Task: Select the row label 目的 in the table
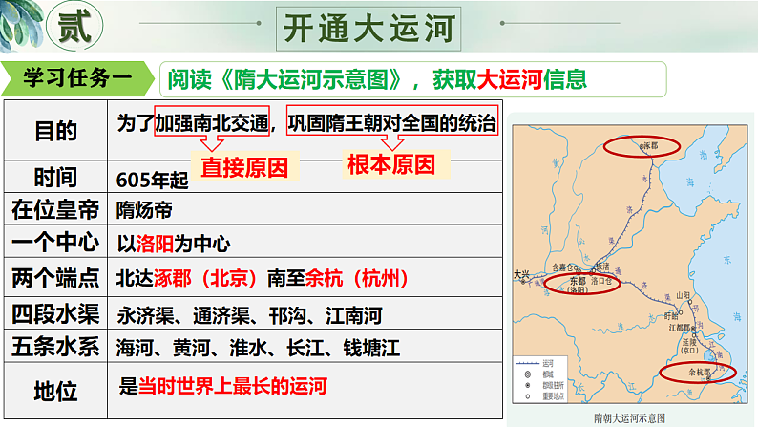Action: pos(55,130)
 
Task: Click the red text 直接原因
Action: pos(244,167)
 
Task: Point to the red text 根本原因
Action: pos(391,164)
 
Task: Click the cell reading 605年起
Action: pos(148,179)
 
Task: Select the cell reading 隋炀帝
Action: pos(144,208)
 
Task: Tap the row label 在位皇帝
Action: pos(55,208)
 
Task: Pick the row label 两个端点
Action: pos(55,278)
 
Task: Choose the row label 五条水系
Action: pos(55,347)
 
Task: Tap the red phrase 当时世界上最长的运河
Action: pos(233,386)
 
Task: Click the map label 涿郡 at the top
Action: pos(649,146)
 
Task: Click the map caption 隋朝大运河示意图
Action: pos(628,417)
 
